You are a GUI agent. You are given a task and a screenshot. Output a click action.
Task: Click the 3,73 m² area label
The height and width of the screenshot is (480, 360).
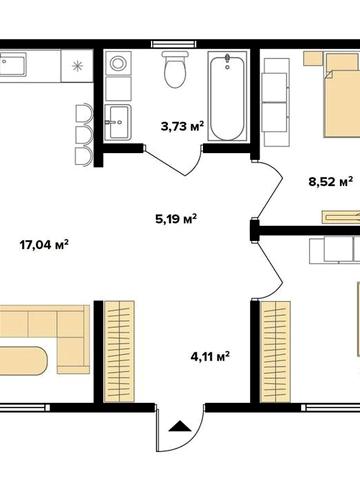coord(182,126)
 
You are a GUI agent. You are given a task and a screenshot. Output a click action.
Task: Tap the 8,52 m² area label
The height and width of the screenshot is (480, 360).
coord(331,182)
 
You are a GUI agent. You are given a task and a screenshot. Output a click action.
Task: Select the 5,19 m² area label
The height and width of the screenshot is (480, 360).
coord(175,217)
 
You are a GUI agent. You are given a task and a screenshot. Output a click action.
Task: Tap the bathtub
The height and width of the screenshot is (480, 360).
coord(226,98)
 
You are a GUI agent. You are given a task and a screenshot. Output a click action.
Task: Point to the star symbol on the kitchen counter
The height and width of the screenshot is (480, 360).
coord(79,67)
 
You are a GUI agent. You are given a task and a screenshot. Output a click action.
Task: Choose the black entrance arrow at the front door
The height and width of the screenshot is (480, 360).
coord(181,427)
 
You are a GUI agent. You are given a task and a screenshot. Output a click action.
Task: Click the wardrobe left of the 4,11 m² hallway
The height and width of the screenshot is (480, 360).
coord(120,351)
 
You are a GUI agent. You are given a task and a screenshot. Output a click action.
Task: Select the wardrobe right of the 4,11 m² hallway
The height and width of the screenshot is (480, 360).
coord(276,351)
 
